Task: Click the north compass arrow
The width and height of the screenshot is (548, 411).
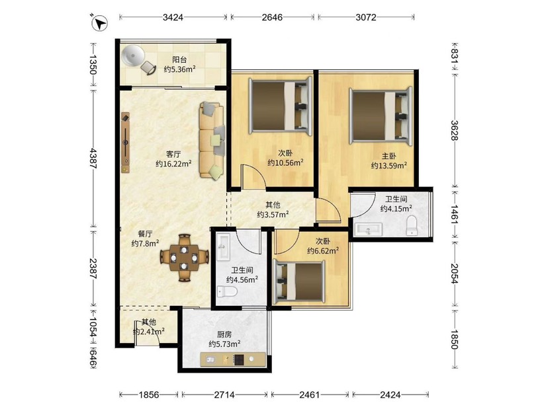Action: click(100, 23)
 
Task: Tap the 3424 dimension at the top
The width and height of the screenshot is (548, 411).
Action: click(173, 17)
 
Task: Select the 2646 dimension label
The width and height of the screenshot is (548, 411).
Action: click(272, 17)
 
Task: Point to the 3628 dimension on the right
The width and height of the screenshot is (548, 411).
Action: click(454, 130)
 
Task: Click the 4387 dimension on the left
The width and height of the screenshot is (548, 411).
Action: click(93, 158)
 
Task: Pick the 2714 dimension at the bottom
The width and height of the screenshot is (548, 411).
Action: click(224, 394)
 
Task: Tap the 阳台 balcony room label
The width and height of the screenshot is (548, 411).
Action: click(179, 59)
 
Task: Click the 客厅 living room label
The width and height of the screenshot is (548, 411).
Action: click(173, 154)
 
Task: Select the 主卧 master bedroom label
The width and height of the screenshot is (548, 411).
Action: click(388, 156)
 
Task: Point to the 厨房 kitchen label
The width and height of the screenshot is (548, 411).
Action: click(224, 334)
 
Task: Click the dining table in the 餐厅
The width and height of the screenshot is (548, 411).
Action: click(184, 258)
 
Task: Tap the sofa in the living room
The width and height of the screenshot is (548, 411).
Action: click(212, 141)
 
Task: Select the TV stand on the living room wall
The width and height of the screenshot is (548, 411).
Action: click(125, 142)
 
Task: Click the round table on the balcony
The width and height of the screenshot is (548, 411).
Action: click(132, 56)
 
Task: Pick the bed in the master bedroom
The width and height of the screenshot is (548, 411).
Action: click(381, 116)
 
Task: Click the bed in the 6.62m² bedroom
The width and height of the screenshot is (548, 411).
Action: click(299, 281)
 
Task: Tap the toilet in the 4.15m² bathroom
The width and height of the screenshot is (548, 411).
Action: click(412, 225)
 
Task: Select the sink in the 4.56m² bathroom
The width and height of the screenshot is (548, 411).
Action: click(222, 247)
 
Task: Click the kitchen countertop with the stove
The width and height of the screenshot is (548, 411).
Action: click(233, 359)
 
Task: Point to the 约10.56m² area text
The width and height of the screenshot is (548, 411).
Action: click(285, 163)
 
